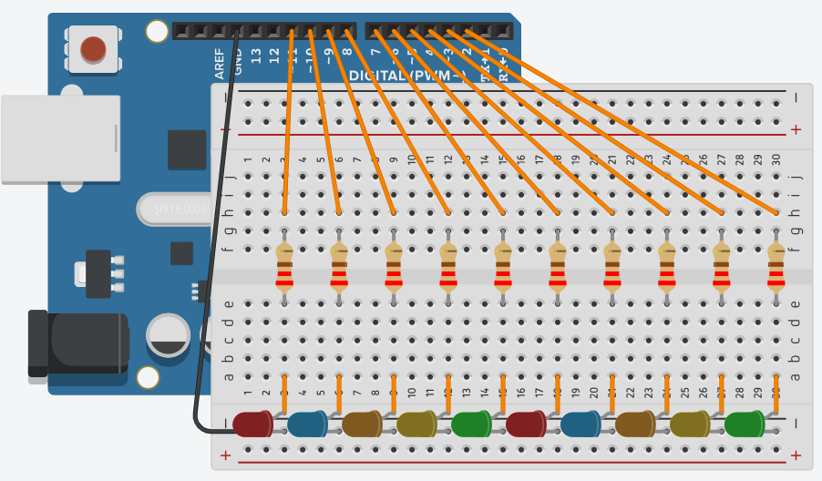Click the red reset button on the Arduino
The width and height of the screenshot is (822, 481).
point(93,48)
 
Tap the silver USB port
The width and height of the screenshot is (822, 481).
point(59,138)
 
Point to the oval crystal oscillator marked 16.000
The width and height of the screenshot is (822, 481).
point(173,209)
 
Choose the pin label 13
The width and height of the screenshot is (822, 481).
point(256,56)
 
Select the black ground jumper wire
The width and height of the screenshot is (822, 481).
point(211,273)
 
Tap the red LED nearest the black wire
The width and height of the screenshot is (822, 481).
point(252,424)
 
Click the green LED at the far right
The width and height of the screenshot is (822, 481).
point(745,424)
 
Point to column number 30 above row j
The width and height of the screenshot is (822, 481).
point(776,159)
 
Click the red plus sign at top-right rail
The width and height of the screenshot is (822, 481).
point(796,129)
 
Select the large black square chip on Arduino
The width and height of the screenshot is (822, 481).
point(187,149)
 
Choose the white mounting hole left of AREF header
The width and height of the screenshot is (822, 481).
point(157,32)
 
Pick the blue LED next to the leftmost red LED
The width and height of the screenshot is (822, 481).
point(307,424)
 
